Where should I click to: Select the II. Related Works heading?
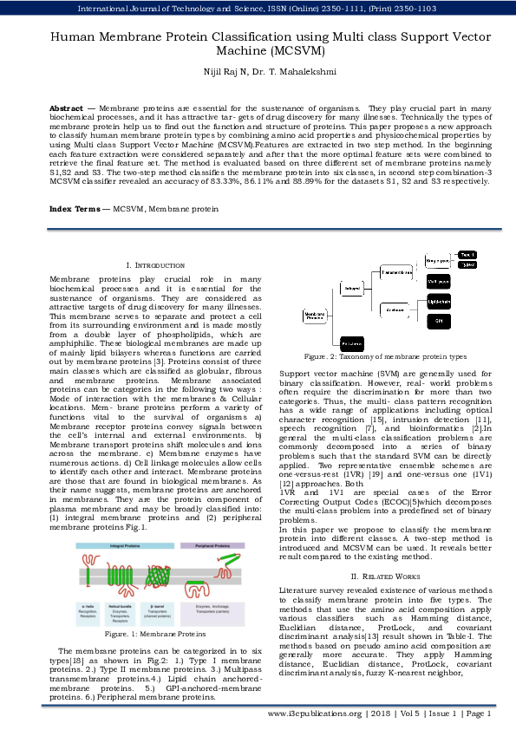pos(384,552)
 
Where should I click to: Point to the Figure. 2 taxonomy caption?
pos(384,356)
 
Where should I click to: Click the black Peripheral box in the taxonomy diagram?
pos(352,344)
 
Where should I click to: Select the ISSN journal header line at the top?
pos(258,9)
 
